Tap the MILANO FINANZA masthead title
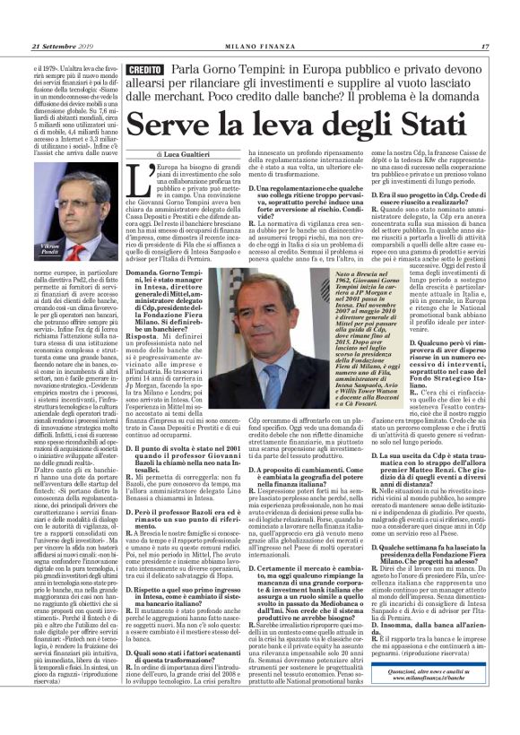[x=259, y=22]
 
